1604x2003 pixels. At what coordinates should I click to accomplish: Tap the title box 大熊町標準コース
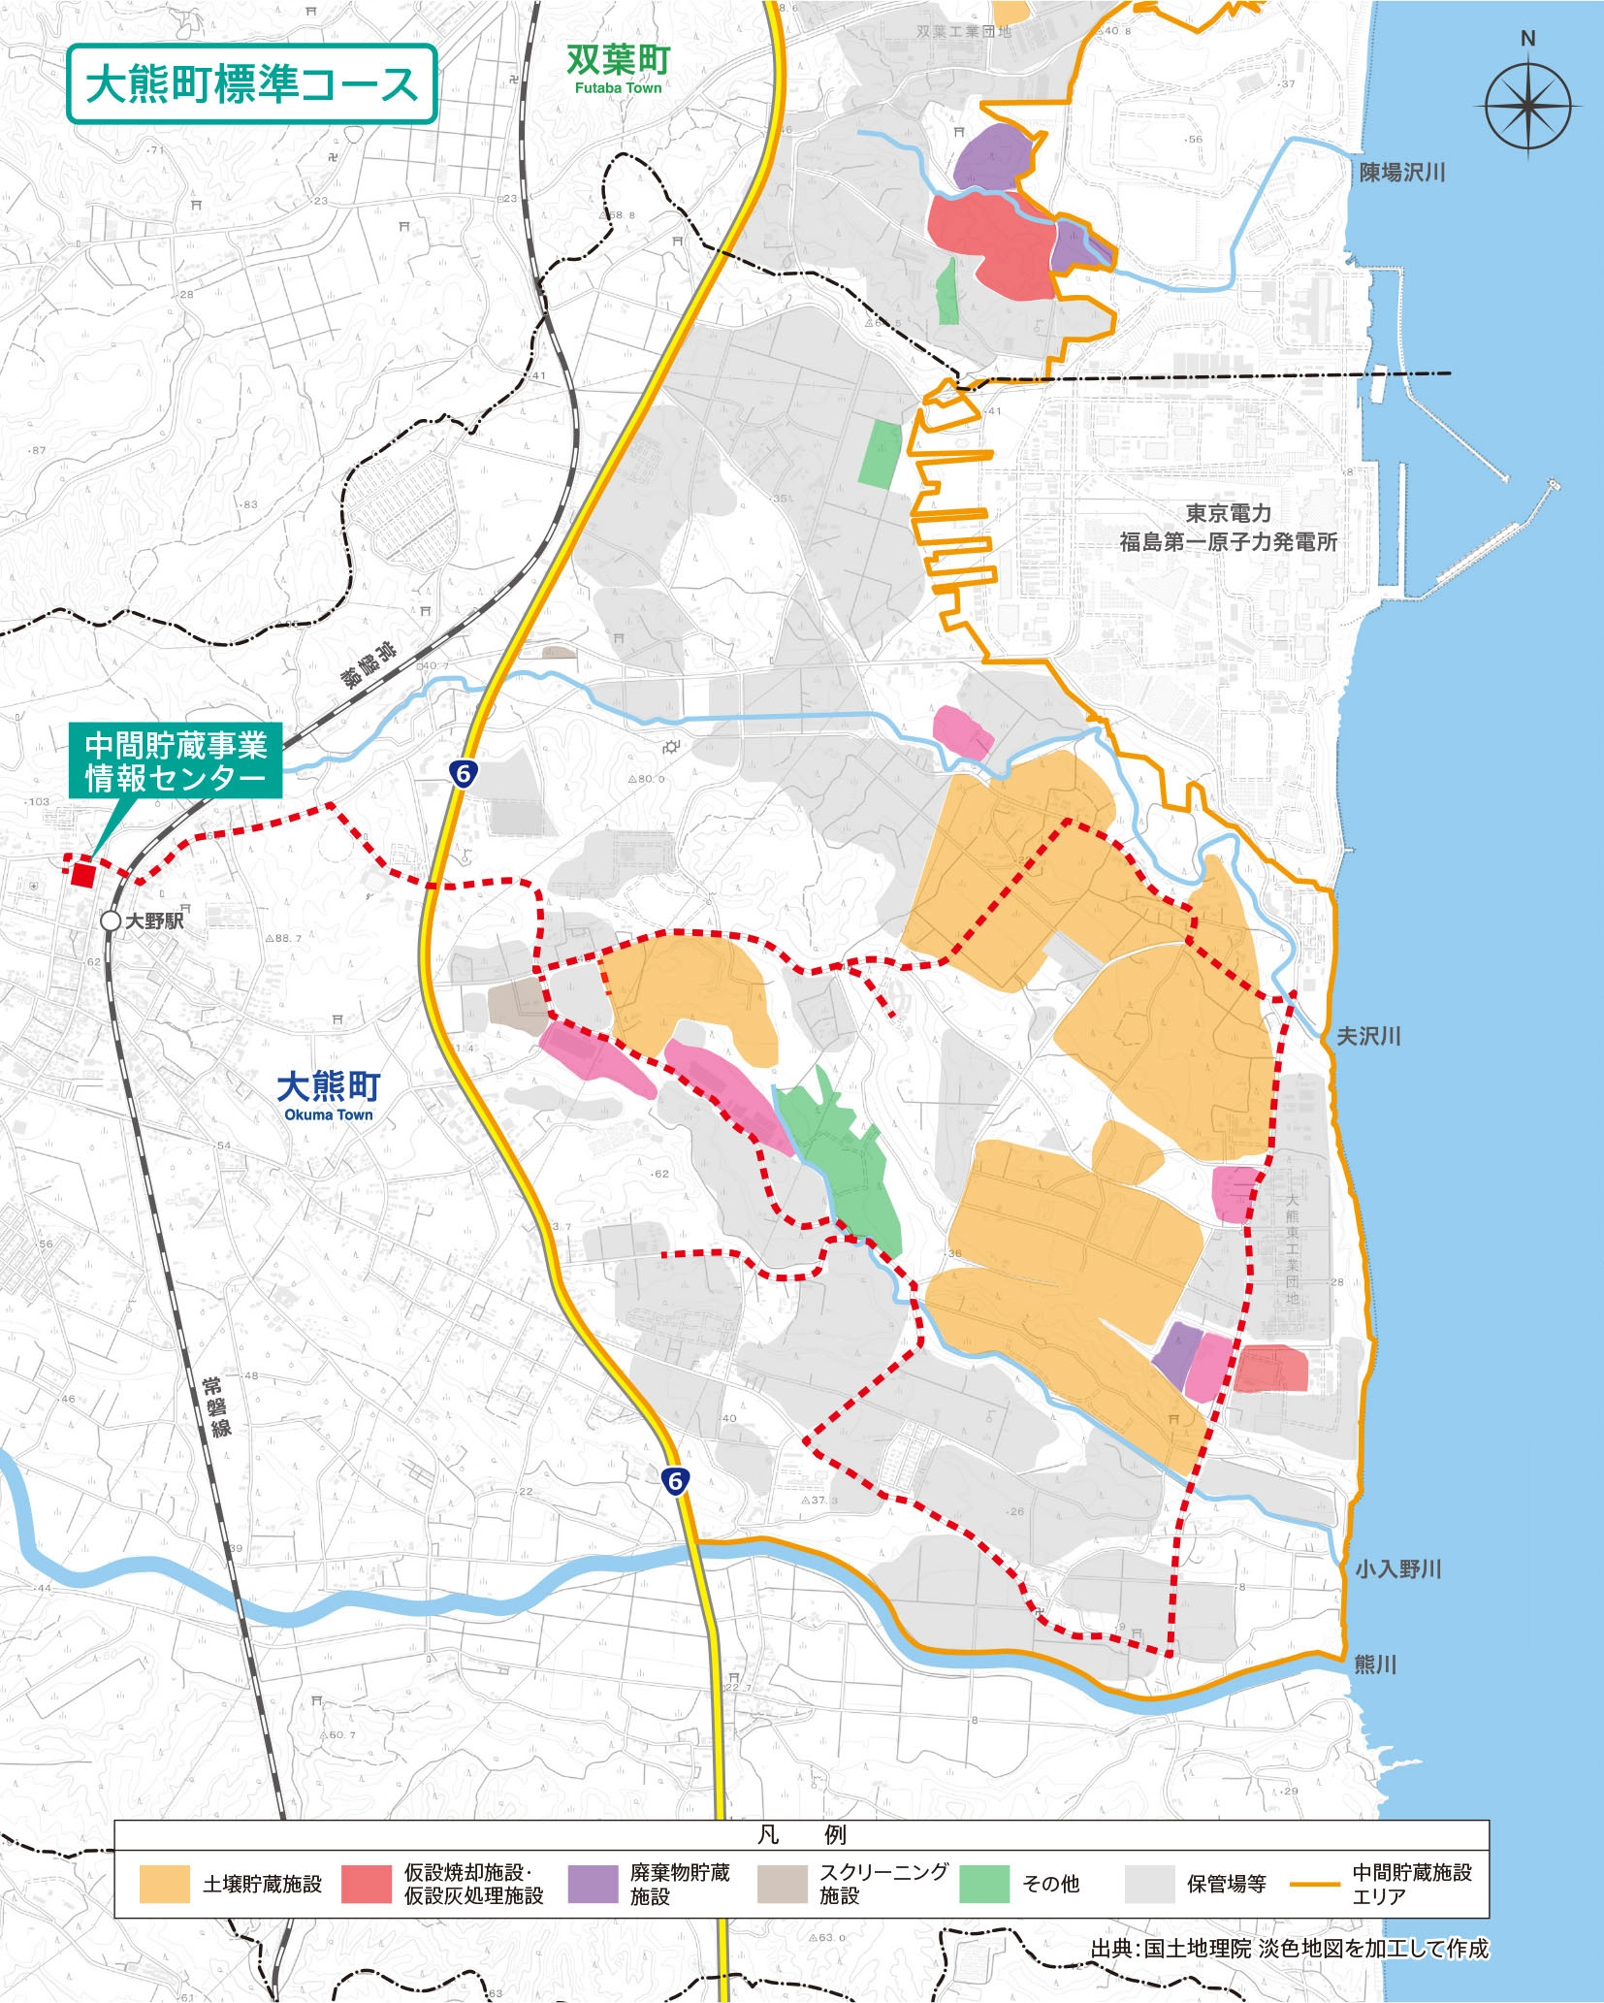click(x=251, y=84)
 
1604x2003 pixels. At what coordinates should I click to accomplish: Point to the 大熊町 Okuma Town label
click(x=329, y=1094)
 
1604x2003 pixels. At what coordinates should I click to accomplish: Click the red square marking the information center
click(x=83, y=874)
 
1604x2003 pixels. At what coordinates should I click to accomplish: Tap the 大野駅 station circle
click(x=111, y=921)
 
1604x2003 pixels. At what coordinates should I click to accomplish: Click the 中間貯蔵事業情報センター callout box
click(x=176, y=761)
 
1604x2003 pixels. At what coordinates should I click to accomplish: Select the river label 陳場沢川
click(x=1401, y=173)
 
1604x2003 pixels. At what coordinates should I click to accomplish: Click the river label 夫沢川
click(x=1368, y=1036)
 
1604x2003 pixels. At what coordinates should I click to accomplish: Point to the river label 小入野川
click(x=1397, y=1568)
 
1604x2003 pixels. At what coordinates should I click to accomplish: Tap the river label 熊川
click(x=1374, y=1664)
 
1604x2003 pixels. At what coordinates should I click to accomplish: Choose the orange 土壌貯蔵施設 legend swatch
click(x=164, y=1884)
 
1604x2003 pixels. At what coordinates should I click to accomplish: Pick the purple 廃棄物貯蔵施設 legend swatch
click(x=593, y=1884)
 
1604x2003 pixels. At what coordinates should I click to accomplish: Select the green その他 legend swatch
click(x=983, y=1884)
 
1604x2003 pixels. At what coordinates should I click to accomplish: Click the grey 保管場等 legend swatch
click(x=1149, y=1884)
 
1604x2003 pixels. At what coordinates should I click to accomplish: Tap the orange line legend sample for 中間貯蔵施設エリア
click(x=1314, y=1884)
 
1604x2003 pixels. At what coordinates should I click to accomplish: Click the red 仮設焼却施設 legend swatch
click(x=367, y=1884)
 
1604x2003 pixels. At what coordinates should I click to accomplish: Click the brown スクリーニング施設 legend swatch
click(x=782, y=1884)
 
